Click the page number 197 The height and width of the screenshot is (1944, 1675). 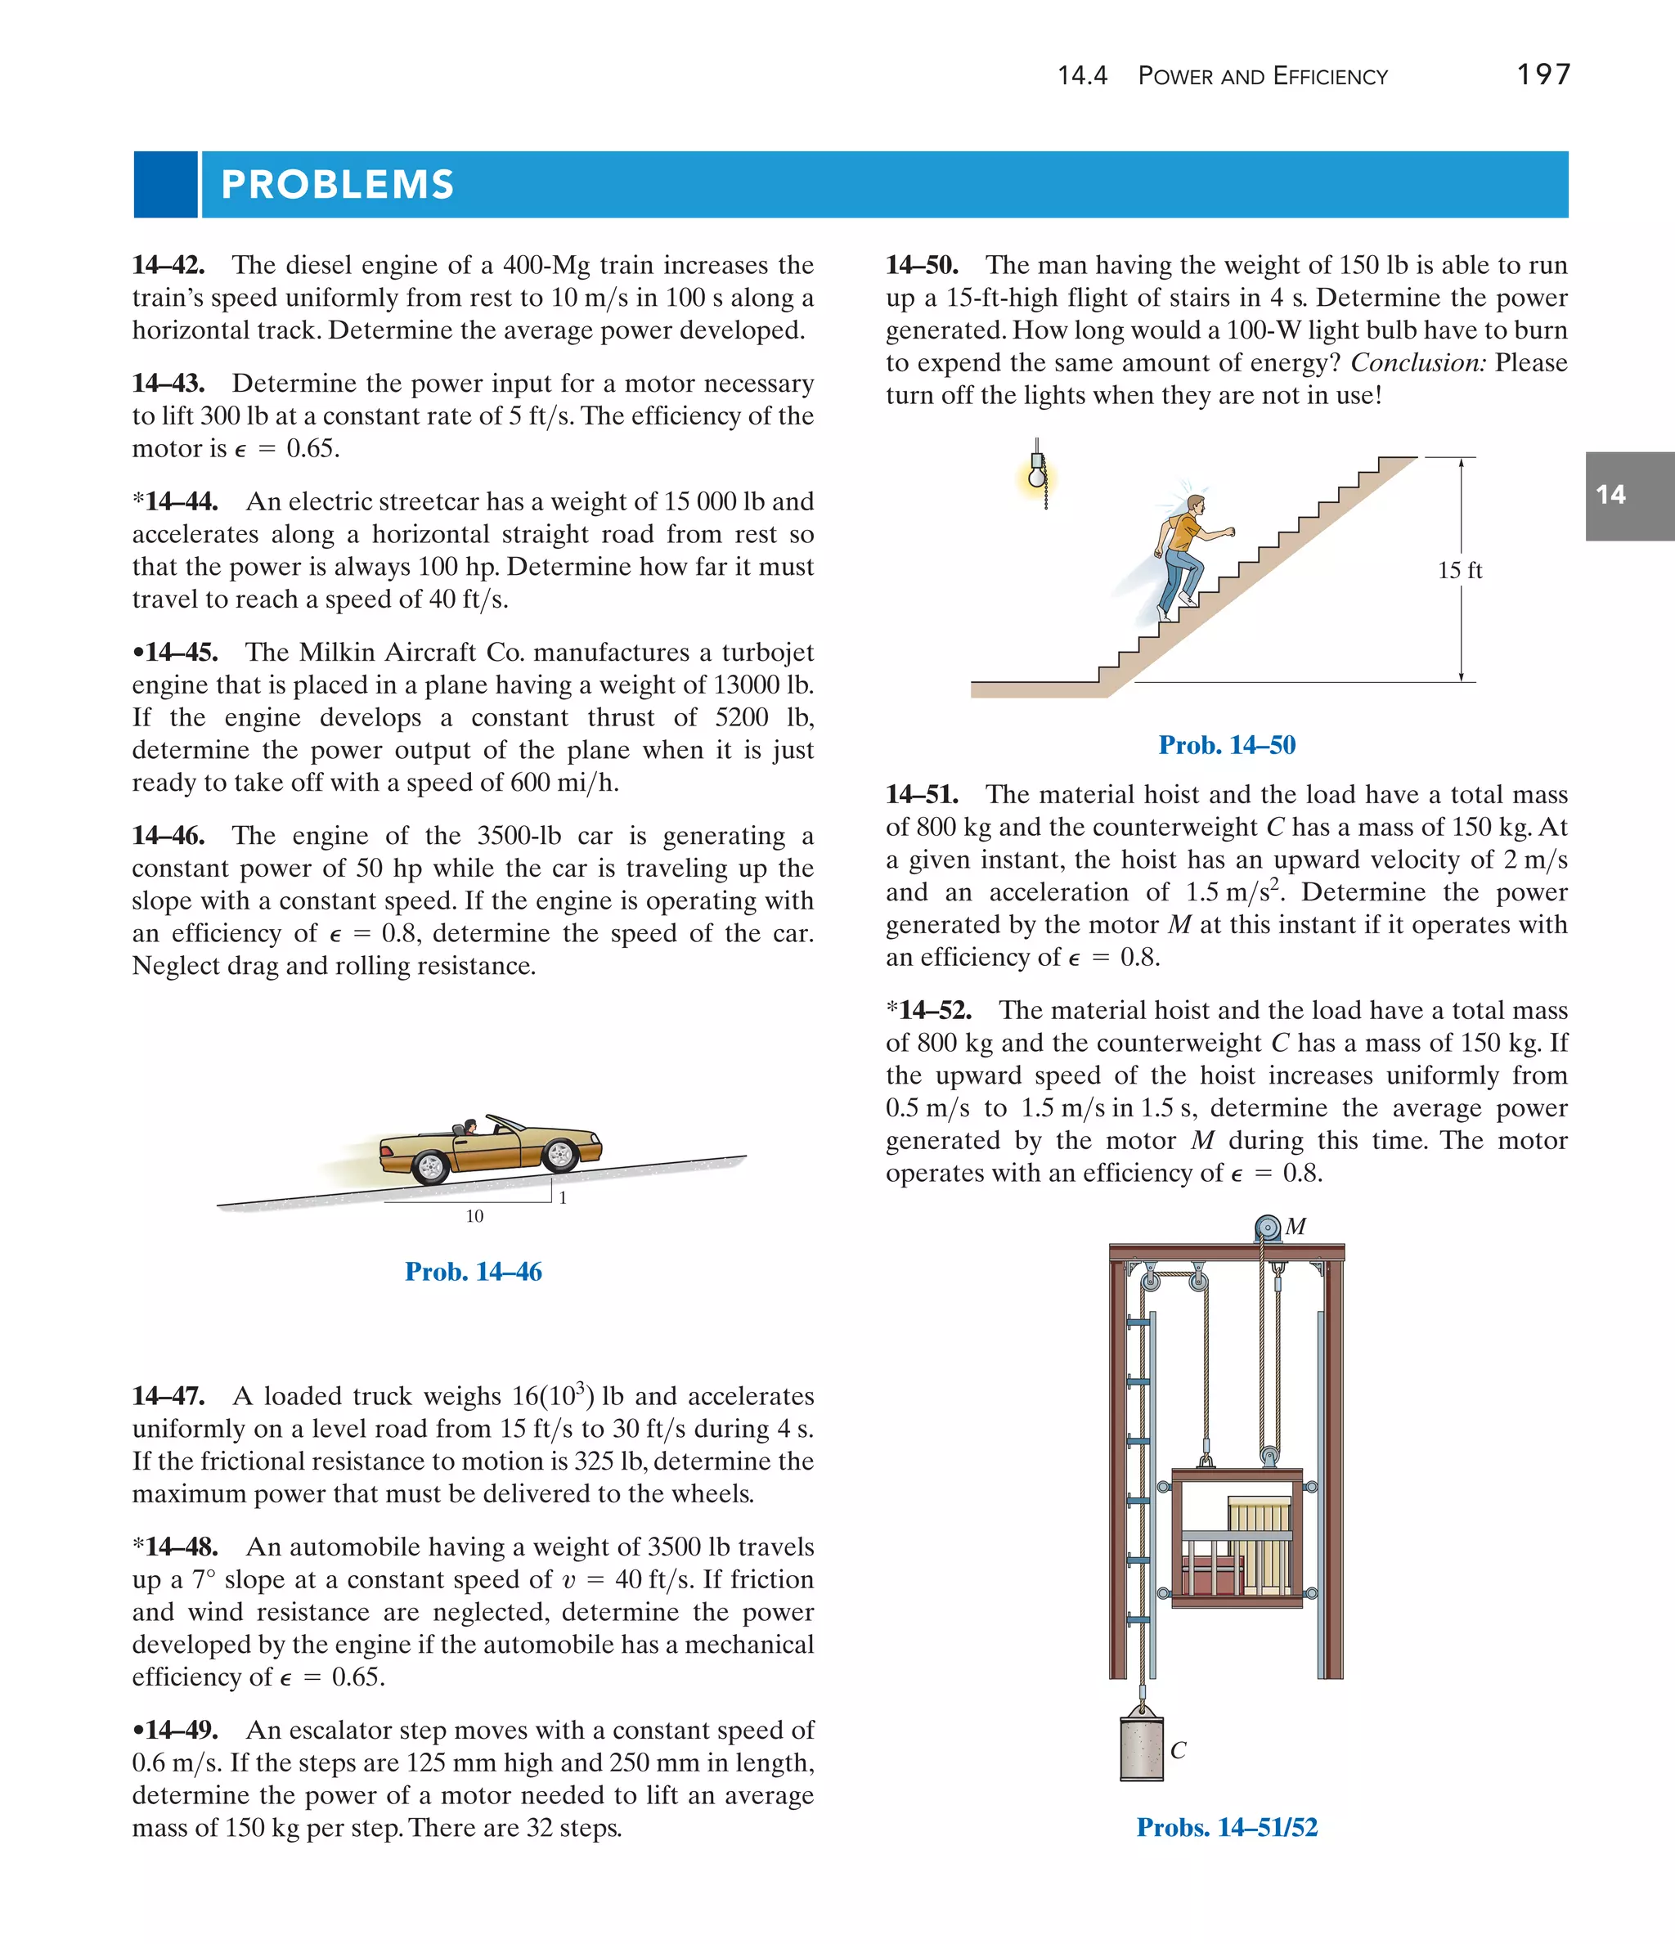[x=1543, y=74]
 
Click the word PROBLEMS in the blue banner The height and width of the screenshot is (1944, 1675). [x=337, y=185]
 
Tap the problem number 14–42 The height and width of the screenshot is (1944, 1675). [x=169, y=266]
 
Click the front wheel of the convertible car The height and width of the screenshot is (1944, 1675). [x=560, y=1154]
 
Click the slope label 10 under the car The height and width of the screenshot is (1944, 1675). [x=475, y=1216]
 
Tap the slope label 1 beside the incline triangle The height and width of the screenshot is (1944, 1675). [x=562, y=1198]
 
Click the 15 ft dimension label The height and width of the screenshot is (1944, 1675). [x=1459, y=570]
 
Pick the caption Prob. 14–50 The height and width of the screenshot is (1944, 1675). [x=1227, y=745]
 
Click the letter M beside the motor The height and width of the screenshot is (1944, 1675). [x=1296, y=1226]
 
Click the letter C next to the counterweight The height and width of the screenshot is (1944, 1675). [x=1179, y=1750]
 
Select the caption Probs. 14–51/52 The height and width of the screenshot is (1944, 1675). [x=1227, y=1828]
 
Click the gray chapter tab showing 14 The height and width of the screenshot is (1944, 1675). [x=1628, y=496]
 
